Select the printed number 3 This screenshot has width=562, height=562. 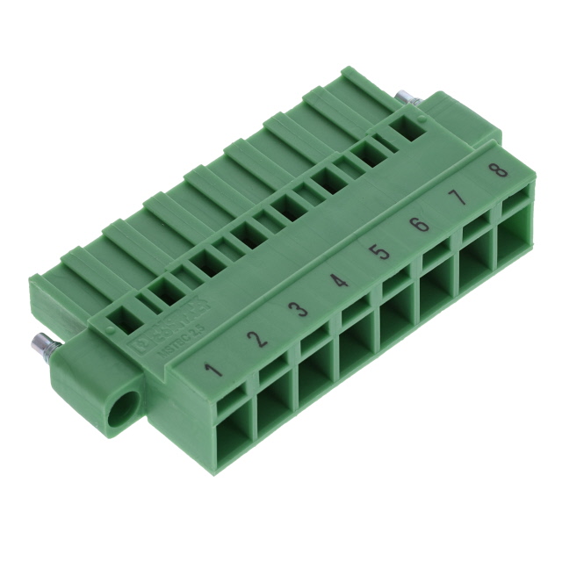point(299,310)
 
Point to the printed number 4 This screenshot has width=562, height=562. point(339,281)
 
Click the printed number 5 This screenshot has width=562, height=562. point(379,253)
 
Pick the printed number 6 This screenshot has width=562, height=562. point(420,225)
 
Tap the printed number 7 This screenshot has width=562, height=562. point(460,197)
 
